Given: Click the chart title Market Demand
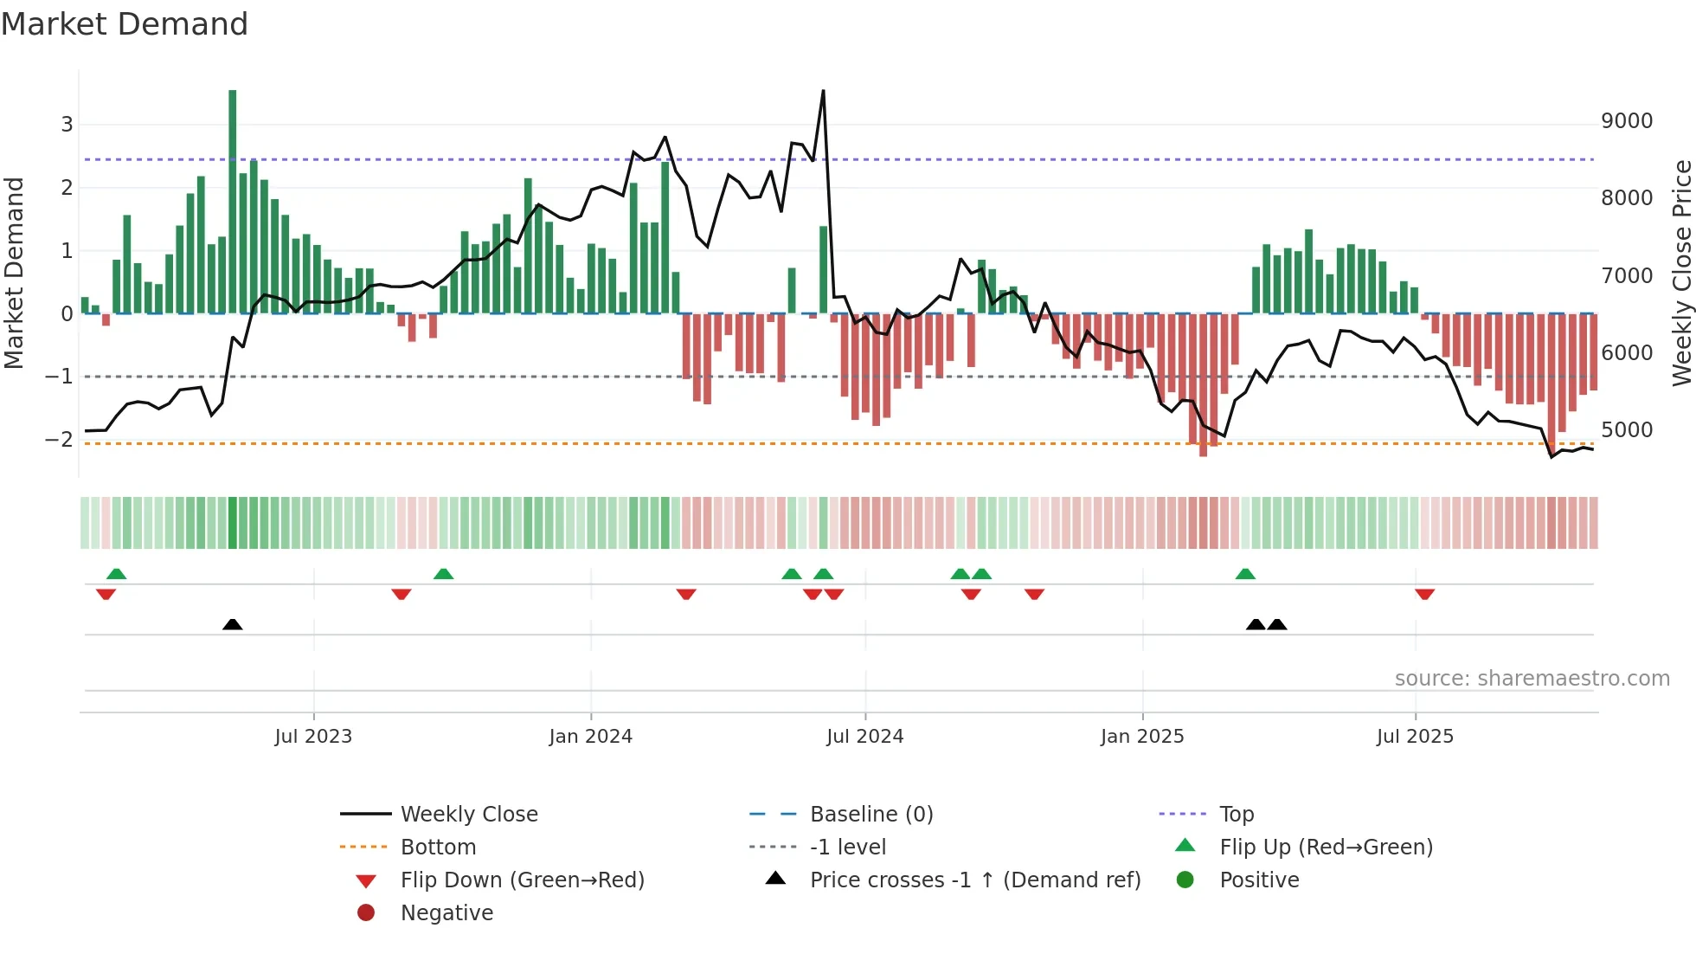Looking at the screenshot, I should click(x=125, y=24).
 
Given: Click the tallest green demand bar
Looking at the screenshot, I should click(x=232, y=199).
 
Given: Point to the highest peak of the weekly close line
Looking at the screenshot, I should click(x=823, y=91).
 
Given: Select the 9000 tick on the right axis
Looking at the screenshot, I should click(x=1626, y=121).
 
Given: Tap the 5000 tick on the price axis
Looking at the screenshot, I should click(x=1626, y=430).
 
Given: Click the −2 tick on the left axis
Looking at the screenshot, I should click(x=59, y=440).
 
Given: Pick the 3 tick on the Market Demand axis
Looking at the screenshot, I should click(x=67, y=125).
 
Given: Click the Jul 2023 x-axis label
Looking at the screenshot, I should click(x=313, y=737).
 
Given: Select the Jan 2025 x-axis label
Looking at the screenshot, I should click(x=1141, y=737).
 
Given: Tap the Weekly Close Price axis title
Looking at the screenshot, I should click(x=1681, y=273).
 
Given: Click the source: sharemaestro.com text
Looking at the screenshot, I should click(x=1532, y=679).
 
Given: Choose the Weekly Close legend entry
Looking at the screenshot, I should click(x=468, y=815).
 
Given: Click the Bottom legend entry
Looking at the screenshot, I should click(x=438, y=848).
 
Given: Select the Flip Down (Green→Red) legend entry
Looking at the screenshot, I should click(x=522, y=880).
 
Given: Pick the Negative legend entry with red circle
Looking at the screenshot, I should click(x=446, y=913).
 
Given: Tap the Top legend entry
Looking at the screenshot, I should click(x=1236, y=815).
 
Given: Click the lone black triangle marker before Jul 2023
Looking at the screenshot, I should click(x=232, y=624).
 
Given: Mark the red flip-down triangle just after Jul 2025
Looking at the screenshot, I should click(x=1424, y=594).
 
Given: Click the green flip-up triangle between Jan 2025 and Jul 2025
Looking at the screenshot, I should click(x=1245, y=574).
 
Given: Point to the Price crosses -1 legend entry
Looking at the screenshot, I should click(x=974, y=880).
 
